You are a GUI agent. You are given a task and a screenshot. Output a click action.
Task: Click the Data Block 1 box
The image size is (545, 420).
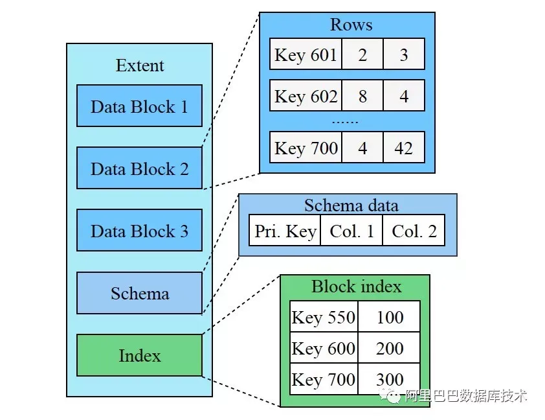coord(139,106)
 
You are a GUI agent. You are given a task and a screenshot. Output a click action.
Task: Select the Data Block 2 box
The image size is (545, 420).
coord(139,168)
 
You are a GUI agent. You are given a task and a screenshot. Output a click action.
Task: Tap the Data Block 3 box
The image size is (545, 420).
coord(139,230)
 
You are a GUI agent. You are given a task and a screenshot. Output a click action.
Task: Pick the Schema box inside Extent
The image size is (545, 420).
coord(139,293)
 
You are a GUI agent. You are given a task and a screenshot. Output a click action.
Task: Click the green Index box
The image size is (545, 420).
coord(139,355)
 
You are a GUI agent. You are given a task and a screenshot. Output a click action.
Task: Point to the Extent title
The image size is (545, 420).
coord(140,65)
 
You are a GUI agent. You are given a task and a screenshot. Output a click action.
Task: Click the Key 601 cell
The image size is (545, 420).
coord(306,54)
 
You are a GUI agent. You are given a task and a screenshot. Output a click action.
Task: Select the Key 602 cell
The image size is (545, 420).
coord(306,95)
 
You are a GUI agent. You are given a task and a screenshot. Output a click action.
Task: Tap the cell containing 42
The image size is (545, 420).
coord(404,147)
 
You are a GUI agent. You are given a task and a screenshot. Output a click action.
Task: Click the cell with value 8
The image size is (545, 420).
coord(362,95)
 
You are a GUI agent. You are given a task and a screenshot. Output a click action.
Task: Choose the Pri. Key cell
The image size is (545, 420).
coord(285,230)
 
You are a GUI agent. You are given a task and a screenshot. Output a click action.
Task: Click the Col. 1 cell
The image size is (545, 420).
coord(351,230)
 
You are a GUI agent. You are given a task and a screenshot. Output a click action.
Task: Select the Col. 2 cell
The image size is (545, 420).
coord(414,230)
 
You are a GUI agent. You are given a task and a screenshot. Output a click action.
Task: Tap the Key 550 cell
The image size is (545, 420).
coord(324,316)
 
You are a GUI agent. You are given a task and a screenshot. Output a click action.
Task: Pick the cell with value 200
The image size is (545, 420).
coord(389,347)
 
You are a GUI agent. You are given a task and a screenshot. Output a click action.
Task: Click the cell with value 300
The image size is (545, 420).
coord(389,379)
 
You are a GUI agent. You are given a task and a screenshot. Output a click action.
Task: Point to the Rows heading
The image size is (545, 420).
coord(351,25)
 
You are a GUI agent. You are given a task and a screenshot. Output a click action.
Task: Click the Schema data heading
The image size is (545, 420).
coord(351,205)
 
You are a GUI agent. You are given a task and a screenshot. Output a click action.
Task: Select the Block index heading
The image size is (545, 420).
coord(356,286)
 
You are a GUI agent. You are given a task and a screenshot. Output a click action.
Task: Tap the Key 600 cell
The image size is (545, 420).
coord(324,347)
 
